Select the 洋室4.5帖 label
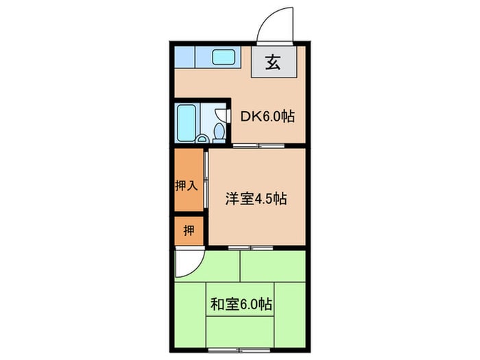click(x=256, y=200)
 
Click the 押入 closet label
click(x=187, y=186)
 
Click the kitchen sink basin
click(x=224, y=57)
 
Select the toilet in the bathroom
click(x=219, y=130)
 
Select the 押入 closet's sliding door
click(x=206, y=180)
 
